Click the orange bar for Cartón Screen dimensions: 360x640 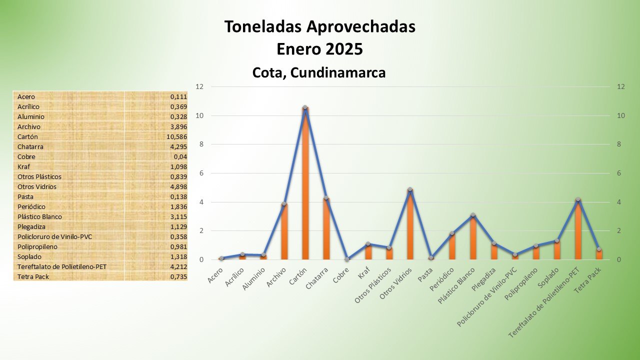tap(305, 185)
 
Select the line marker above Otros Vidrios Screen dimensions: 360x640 tap(410, 189)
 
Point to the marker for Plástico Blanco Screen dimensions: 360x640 tap(472, 215)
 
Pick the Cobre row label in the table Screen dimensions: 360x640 tap(26, 156)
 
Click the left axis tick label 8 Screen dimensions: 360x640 tap(200, 144)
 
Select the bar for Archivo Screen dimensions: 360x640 tap(284, 232)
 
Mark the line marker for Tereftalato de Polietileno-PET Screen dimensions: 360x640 tap(578, 200)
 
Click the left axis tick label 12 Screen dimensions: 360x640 tap(200, 86)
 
